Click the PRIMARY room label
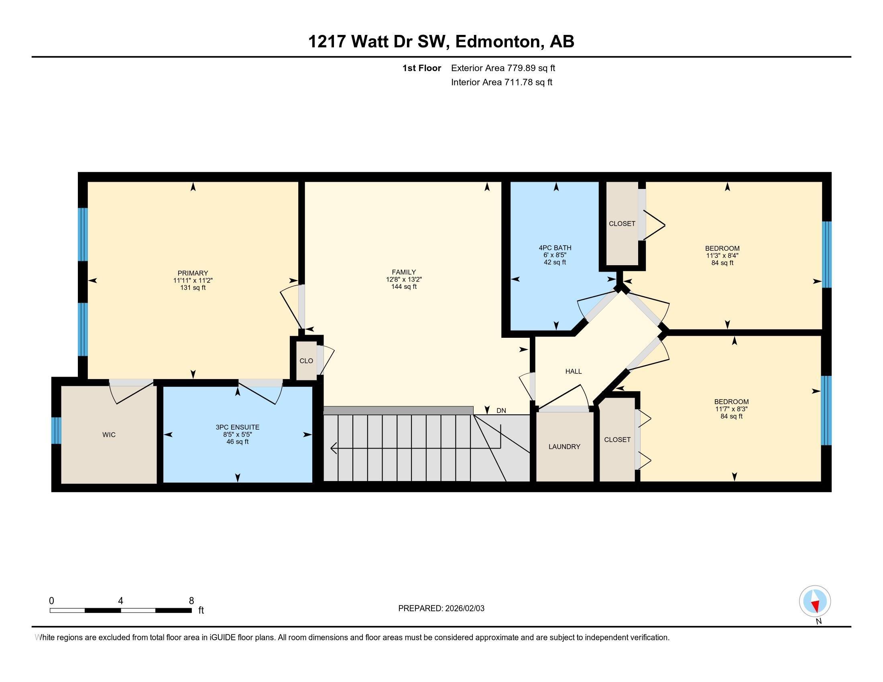pos(192,273)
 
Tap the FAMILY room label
pos(403,272)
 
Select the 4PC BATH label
pos(555,248)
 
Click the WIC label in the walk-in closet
pos(109,435)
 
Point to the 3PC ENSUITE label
pos(237,427)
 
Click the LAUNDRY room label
pos(564,447)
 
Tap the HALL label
pos(573,371)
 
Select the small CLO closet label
pos(306,361)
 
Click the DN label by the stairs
pos(501,410)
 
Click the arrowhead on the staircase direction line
pos(333,448)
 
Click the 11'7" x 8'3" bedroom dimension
pos(731,409)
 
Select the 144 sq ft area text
pos(403,287)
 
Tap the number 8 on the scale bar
pos(191,601)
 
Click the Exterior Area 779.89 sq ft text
pos(503,68)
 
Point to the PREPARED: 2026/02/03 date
pos(441,609)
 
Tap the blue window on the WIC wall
pos(56,430)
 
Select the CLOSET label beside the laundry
pos(617,440)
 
